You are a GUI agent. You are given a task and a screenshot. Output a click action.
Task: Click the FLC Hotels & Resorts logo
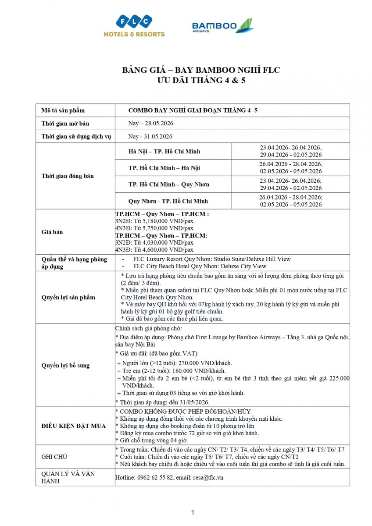[x=134, y=26]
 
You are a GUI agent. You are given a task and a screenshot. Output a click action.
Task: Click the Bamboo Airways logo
[x=222, y=26]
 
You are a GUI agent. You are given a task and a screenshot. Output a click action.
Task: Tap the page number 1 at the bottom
[x=192, y=512]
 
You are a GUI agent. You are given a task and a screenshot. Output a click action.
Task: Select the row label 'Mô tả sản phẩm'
[x=63, y=110]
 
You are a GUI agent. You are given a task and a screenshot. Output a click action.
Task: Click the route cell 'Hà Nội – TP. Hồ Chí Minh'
[x=164, y=151]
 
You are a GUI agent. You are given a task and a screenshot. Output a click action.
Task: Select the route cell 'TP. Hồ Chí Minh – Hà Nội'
[x=164, y=168]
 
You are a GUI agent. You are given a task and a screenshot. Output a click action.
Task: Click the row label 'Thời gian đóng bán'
[x=68, y=176]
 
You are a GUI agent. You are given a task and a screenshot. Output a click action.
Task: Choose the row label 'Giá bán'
[x=52, y=232]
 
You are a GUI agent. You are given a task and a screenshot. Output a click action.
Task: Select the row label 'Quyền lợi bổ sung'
[x=65, y=365]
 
